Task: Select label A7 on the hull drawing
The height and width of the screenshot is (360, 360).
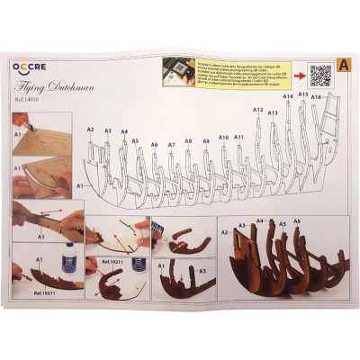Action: click(171, 144)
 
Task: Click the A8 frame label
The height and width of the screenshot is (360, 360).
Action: click(188, 141)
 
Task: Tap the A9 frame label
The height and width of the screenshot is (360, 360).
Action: click(206, 141)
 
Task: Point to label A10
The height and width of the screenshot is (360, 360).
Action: click(223, 138)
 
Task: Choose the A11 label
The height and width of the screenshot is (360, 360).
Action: click(239, 137)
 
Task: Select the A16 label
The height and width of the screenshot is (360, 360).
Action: click(316, 95)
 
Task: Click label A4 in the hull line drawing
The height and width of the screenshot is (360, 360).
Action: click(124, 131)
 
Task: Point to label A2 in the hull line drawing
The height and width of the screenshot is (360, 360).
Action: click(90, 130)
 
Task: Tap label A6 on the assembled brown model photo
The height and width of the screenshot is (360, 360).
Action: click(297, 221)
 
